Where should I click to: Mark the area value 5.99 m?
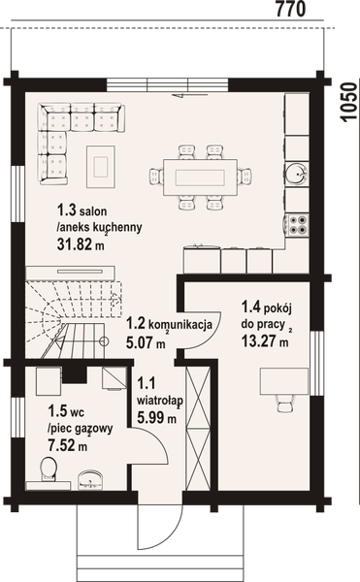(155, 418)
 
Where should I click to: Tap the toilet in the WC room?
(45, 471)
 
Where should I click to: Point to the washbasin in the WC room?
(90, 476)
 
